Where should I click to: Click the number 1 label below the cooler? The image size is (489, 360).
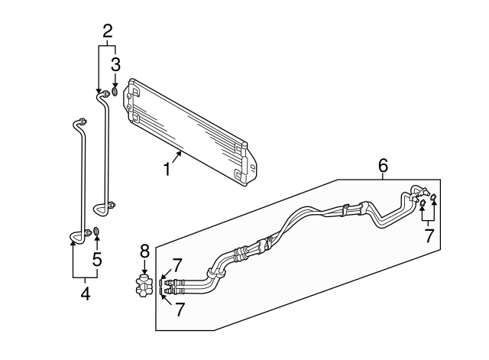(165, 168)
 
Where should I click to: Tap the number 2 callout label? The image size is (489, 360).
(108, 31)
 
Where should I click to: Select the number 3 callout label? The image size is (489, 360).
(115, 63)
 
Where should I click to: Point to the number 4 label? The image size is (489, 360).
(85, 293)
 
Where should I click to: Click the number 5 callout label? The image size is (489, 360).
(97, 259)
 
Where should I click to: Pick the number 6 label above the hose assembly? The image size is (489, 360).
(383, 165)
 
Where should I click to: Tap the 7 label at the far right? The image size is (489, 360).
(429, 235)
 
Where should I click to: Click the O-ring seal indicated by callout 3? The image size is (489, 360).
(115, 92)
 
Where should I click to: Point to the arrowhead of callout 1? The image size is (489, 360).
(182, 153)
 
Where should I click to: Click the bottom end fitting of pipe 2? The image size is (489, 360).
(112, 204)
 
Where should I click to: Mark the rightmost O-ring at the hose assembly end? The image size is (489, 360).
(434, 202)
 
